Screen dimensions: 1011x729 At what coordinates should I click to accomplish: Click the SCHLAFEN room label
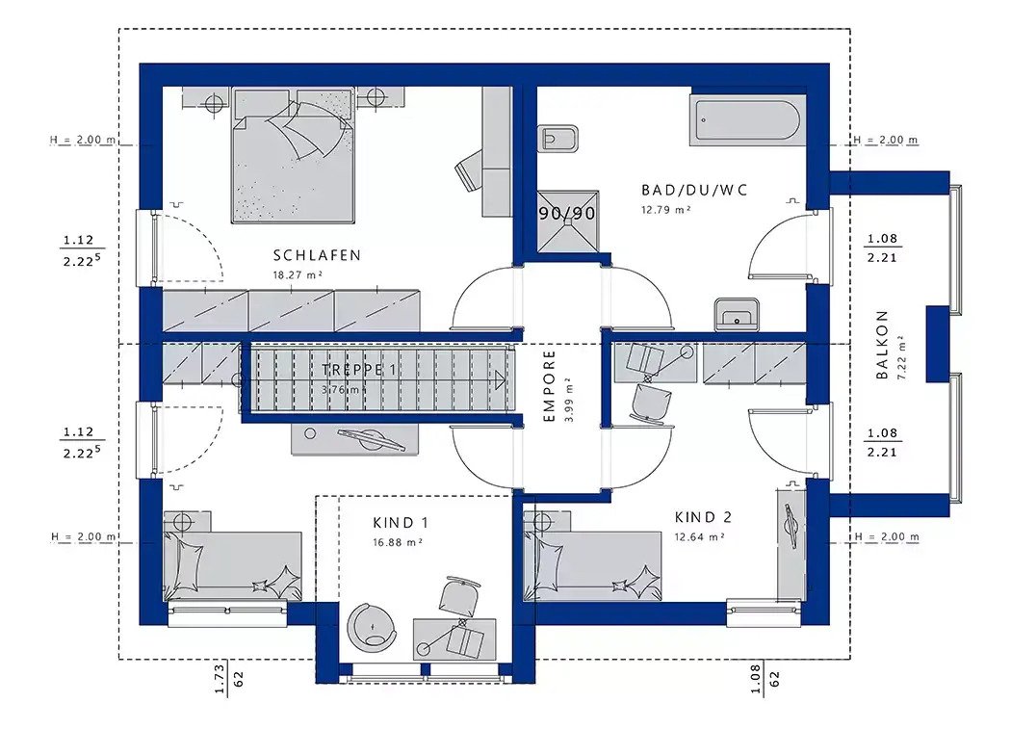pos(317,255)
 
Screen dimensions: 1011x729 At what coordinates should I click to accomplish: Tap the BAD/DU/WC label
pos(694,191)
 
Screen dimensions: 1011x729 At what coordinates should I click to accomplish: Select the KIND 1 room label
pos(400,523)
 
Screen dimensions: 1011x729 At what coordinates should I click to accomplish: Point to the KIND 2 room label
pos(703,517)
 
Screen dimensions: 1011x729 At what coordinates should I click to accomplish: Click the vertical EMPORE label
pos(550,386)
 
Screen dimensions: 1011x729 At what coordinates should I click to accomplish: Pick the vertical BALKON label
pos(882,345)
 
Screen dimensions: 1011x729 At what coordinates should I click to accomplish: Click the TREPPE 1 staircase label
pos(358,370)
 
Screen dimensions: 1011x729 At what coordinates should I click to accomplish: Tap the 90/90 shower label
pos(567,213)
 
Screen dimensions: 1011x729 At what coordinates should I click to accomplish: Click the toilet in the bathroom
pos(558,138)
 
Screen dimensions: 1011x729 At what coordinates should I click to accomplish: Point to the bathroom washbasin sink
pos(737,314)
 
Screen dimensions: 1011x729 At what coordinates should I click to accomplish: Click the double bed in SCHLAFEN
pos(294,156)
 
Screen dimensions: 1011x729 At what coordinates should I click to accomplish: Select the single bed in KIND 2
pos(593,556)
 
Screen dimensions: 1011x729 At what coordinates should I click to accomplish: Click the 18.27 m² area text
pos(298,274)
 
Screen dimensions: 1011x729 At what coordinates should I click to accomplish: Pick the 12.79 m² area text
pos(666,210)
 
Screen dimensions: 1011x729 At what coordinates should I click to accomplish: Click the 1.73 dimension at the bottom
pos(220,680)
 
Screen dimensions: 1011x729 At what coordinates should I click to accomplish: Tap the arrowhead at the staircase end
pos(500,380)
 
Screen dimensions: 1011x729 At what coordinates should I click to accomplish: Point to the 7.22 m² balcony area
pos(901,357)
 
